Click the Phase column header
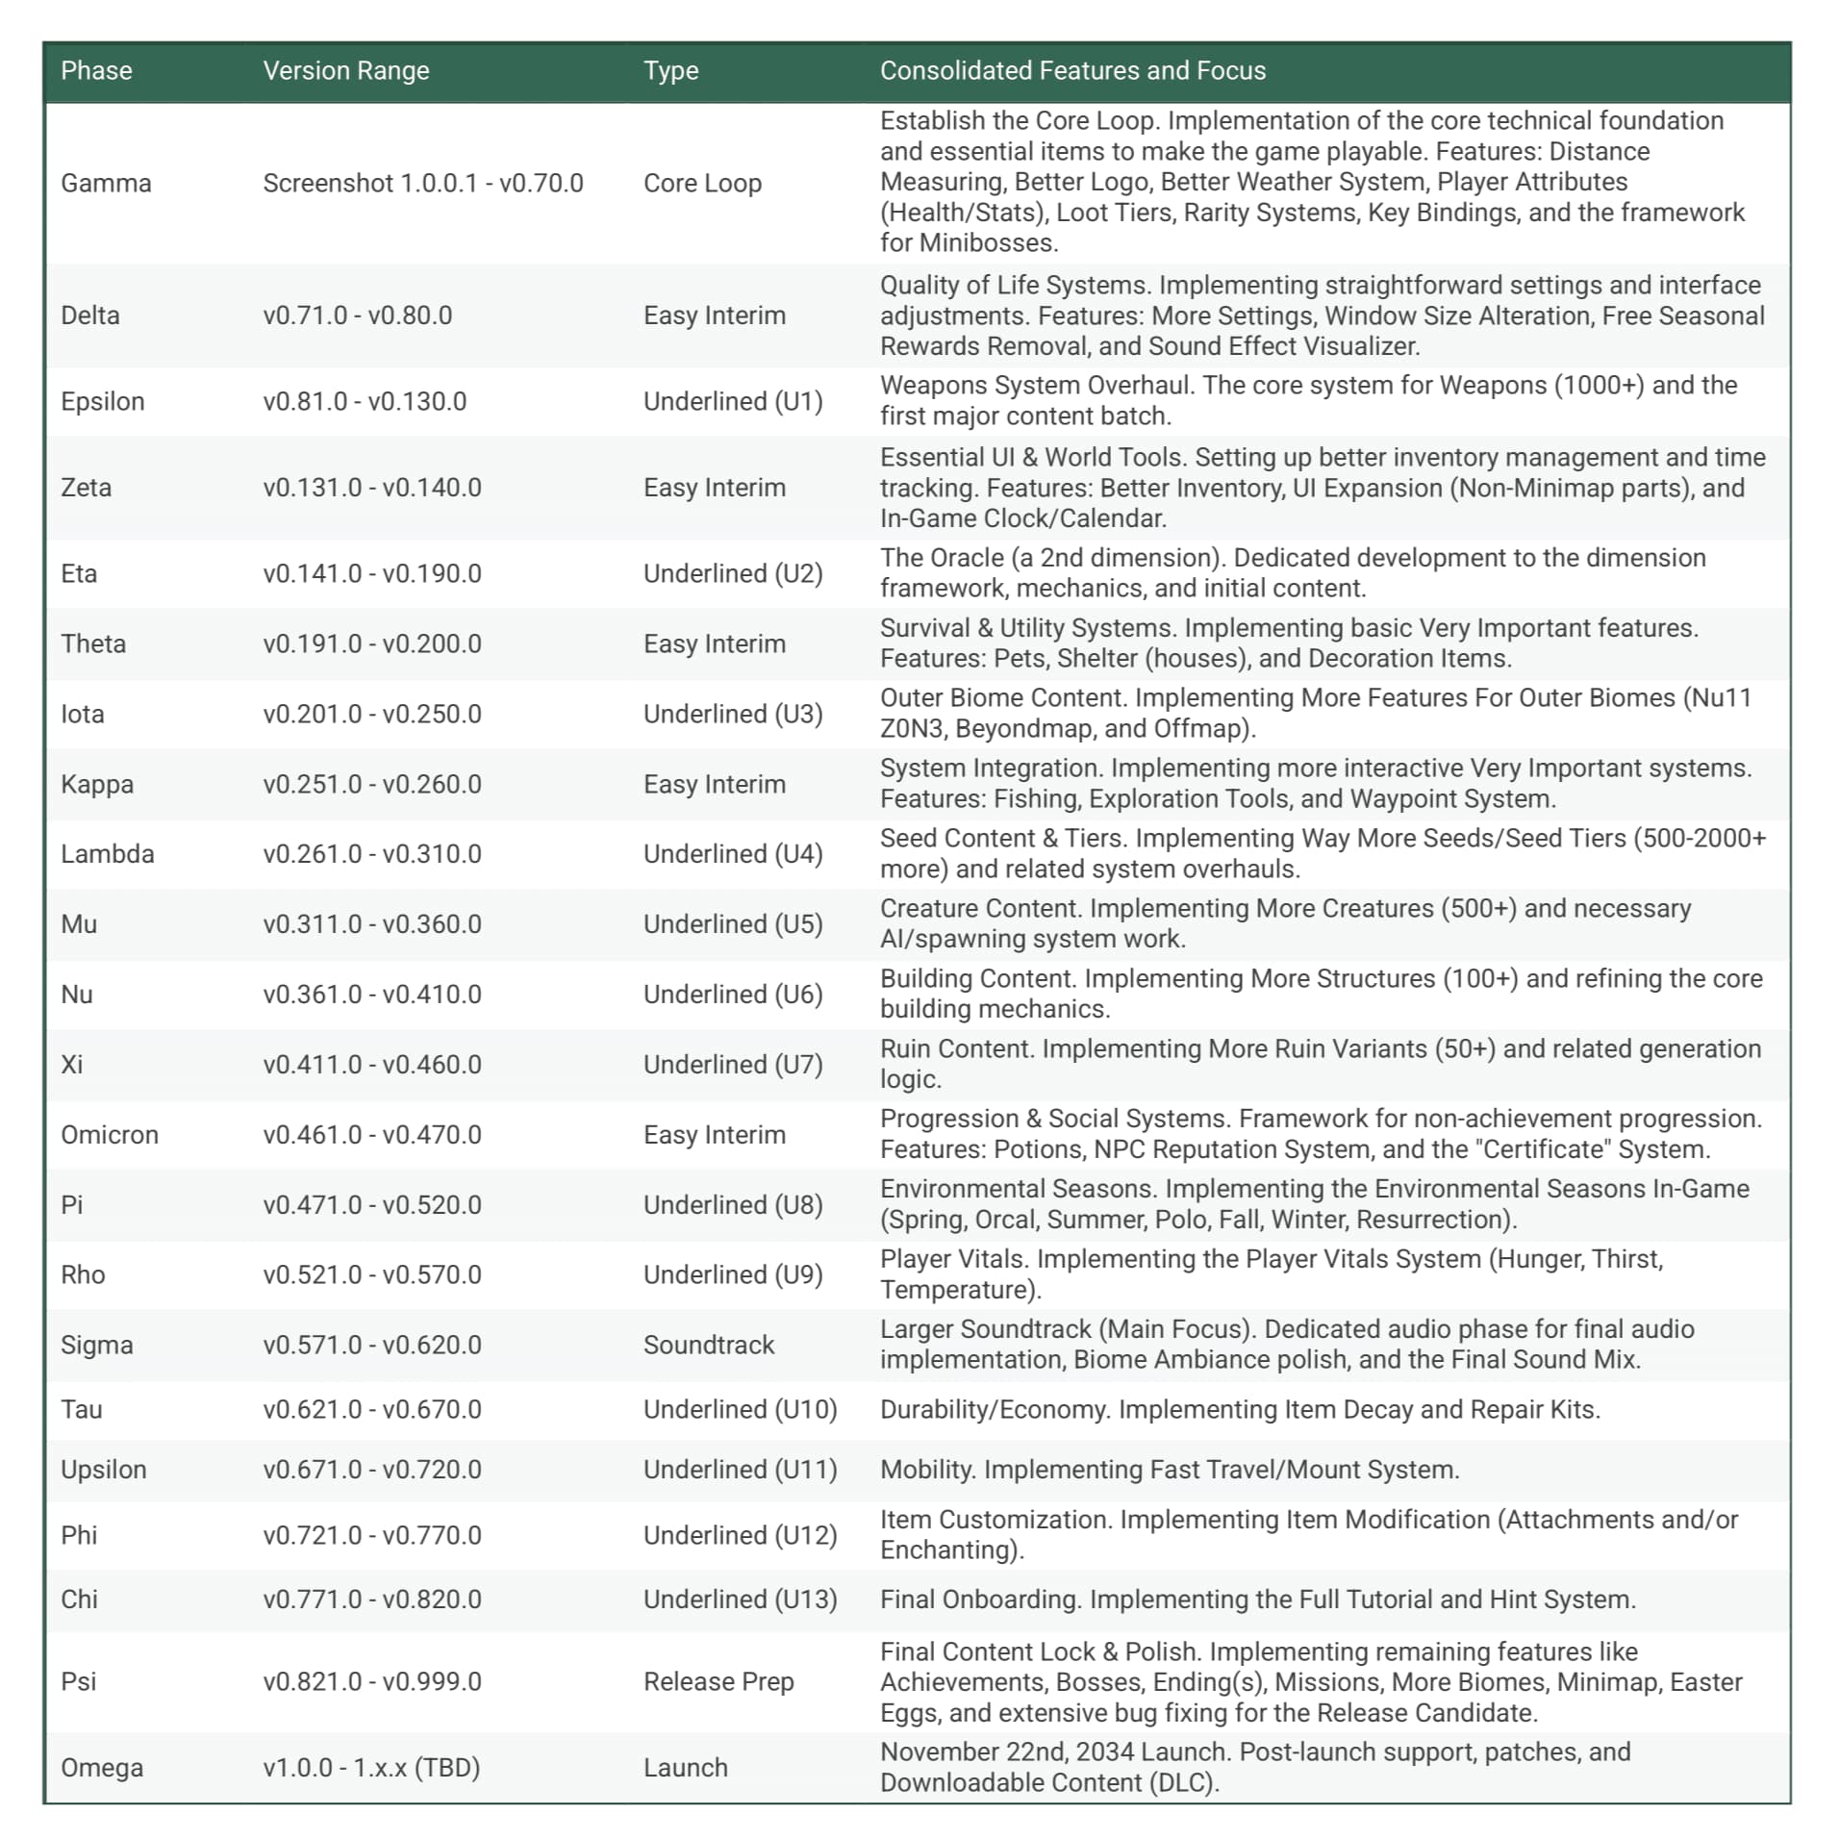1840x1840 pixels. coord(96,70)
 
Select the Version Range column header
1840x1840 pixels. coord(345,70)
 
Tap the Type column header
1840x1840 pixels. coord(670,70)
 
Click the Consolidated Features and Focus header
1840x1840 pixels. coord(1072,70)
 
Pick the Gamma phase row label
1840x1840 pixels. coord(106,183)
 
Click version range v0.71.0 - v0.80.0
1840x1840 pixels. coord(357,315)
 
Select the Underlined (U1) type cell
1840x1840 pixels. coord(733,401)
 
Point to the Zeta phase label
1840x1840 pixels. coord(86,488)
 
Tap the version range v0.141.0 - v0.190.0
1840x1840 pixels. coord(372,573)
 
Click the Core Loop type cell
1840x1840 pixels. coord(702,183)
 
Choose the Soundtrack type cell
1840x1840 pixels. coord(708,1345)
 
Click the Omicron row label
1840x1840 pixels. coord(109,1135)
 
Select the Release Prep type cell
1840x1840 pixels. coord(718,1681)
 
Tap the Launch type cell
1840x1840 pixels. coord(685,1767)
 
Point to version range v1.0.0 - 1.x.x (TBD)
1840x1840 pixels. coord(371,1767)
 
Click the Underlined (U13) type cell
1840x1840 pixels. coord(740,1599)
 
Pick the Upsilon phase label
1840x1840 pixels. coord(103,1470)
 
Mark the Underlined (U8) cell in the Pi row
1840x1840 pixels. coord(733,1205)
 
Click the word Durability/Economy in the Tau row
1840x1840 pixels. coord(995,1409)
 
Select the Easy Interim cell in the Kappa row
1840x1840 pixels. coord(714,784)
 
